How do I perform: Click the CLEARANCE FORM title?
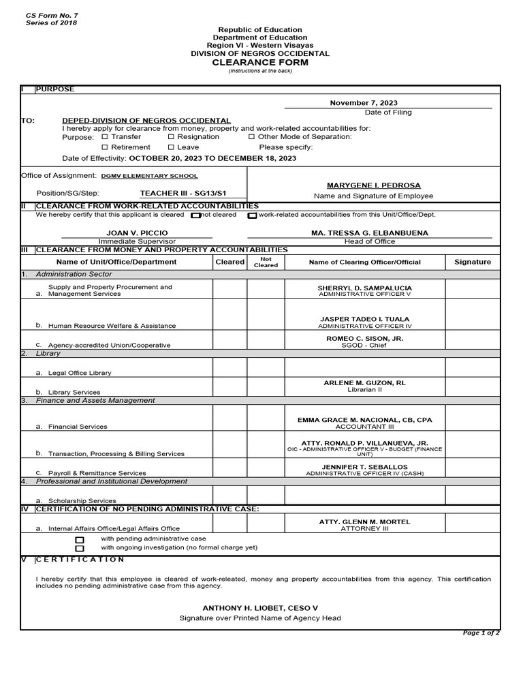tap(259, 62)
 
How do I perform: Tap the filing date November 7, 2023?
tap(364, 102)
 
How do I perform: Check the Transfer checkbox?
tap(105, 137)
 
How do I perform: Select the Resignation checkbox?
tap(172, 137)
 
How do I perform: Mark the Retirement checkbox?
tap(105, 147)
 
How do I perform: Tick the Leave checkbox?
tap(172, 147)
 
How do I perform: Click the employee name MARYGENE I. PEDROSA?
tap(373, 185)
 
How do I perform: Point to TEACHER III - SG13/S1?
tap(183, 193)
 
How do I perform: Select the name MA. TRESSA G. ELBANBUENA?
tap(370, 232)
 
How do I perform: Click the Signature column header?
tap(473, 262)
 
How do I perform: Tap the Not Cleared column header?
tap(266, 262)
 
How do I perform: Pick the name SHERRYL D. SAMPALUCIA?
tap(365, 288)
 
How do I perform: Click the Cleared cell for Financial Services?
tap(229, 419)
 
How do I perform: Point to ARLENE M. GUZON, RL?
tap(364, 383)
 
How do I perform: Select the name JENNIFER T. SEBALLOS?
tap(364, 467)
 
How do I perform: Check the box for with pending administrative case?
tap(80, 539)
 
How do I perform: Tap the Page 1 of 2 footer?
tap(481, 633)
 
